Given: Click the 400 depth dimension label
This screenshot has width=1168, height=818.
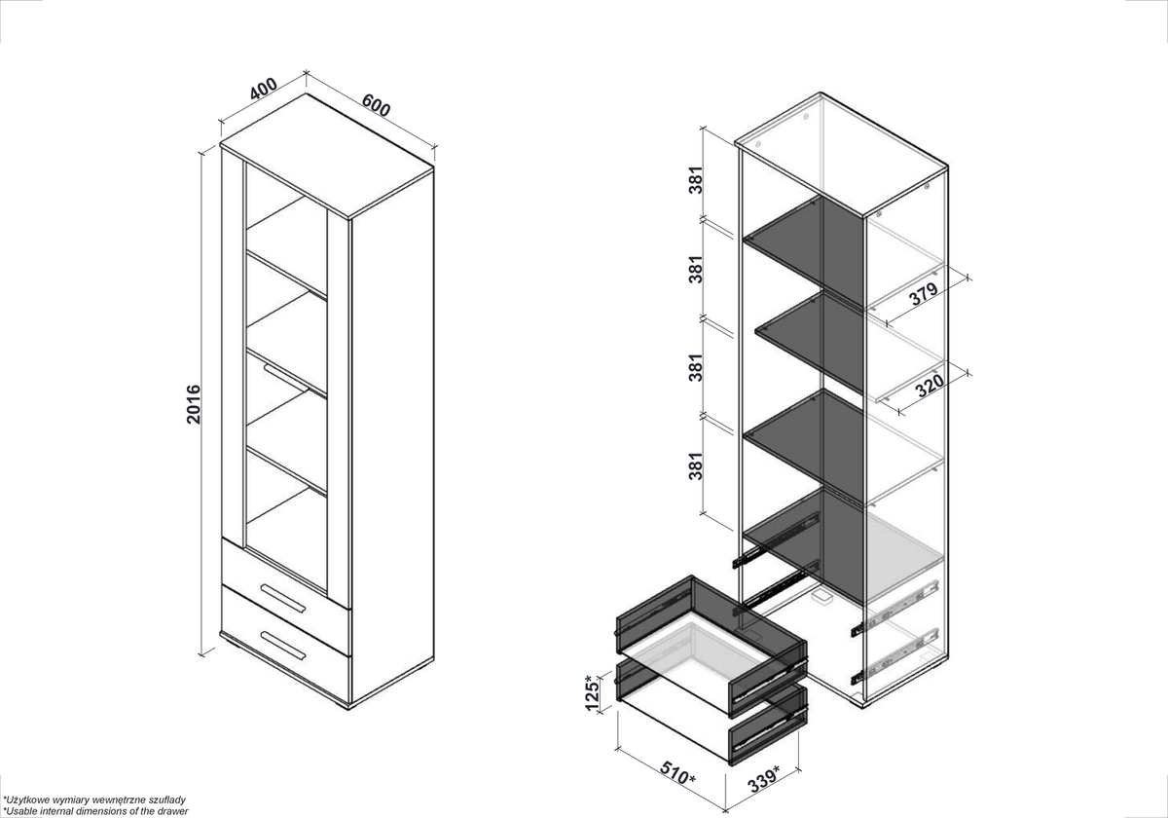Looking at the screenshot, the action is (x=264, y=89).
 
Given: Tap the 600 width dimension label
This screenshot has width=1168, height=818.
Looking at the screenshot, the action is (x=376, y=105).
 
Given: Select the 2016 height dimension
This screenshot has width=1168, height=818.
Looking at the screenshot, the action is (x=194, y=404).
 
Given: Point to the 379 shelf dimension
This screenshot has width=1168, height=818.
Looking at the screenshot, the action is (x=924, y=294).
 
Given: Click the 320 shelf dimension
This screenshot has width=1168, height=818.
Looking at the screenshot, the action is (x=930, y=385).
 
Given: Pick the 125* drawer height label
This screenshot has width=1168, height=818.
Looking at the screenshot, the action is (x=592, y=692).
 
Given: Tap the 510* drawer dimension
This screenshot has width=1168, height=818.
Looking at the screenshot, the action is (x=677, y=773).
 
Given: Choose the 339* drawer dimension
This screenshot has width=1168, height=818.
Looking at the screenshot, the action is (x=764, y=779).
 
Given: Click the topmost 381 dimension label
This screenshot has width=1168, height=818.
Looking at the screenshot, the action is (x=696, y=180).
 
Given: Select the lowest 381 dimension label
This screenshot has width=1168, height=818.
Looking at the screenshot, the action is (x=696, y=465).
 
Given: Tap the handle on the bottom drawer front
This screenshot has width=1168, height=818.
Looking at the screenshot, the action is (x=282, y=646).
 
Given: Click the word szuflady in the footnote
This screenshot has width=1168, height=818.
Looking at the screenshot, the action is (x=166, y=799).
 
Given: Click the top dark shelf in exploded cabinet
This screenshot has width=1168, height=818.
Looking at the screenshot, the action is (x=804, y=249).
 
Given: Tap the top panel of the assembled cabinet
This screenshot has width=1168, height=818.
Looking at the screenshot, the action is (x=327, y=156).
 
